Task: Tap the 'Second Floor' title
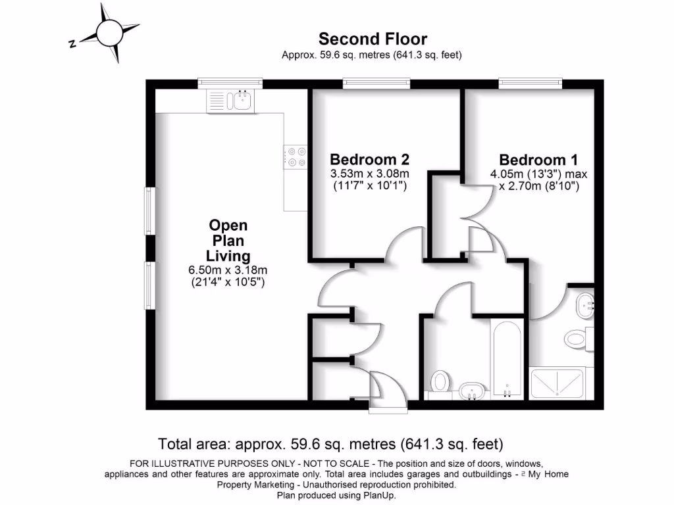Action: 373,39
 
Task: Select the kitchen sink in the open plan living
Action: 230,101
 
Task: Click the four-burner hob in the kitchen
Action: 296,156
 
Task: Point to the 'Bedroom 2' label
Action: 369,159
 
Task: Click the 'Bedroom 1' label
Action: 538,160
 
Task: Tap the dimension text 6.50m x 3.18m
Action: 228,270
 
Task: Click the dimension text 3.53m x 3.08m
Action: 369,174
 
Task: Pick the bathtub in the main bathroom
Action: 506,358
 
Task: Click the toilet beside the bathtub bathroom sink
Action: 440,381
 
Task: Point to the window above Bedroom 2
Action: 376,83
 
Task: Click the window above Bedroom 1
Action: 531,83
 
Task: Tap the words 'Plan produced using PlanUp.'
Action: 336,495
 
